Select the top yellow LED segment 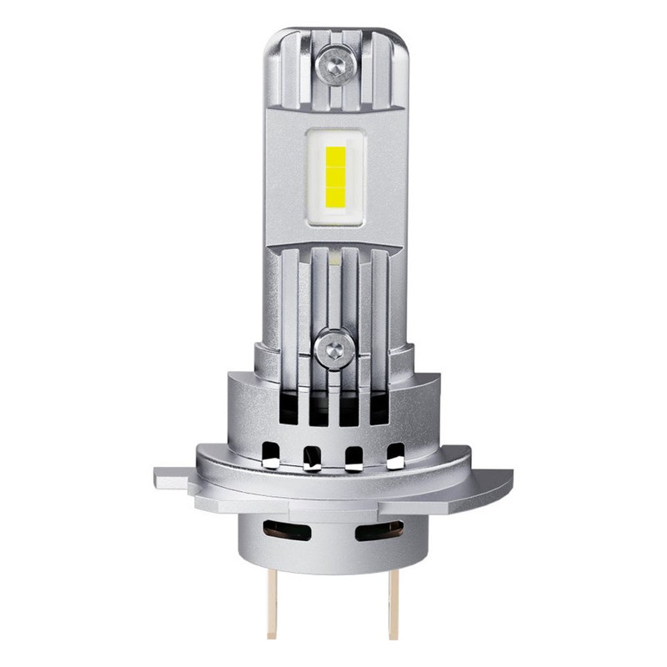[x=335, y=156]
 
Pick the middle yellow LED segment [x=335, y=177]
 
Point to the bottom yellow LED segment [x=335, y=197]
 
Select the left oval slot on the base [x=287, y=529]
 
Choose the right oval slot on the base [x=379, y=529]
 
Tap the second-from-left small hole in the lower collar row [x=312, y=456]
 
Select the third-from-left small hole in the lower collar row [x=354, y=456]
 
